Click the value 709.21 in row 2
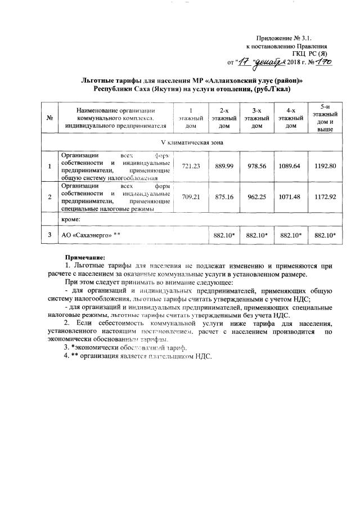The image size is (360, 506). click(191, 197)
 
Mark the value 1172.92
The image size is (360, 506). click(325, 197)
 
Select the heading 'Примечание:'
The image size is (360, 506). click(83, 257)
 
